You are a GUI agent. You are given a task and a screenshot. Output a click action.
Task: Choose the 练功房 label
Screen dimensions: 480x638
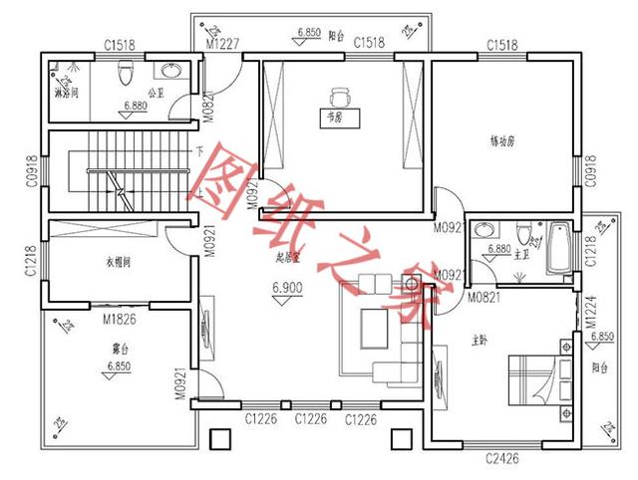[x=502, y=141]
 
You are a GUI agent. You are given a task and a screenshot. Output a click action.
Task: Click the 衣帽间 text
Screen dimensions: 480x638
[x=119, y=263]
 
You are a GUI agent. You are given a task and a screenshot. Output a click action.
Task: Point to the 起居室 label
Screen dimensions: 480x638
[x=289, y=257]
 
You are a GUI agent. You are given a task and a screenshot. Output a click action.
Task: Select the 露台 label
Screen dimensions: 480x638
[x=118, y=349]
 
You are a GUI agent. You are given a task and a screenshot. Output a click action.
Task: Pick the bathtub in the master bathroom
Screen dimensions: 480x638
[x=557, y=250]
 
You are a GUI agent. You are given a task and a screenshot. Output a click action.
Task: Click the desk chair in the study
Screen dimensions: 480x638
[x=339, y=98]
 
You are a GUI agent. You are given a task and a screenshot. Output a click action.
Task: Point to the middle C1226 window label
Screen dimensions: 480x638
[x=310, y=420]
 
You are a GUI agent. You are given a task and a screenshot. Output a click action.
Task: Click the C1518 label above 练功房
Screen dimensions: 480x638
[x=502, y=44]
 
